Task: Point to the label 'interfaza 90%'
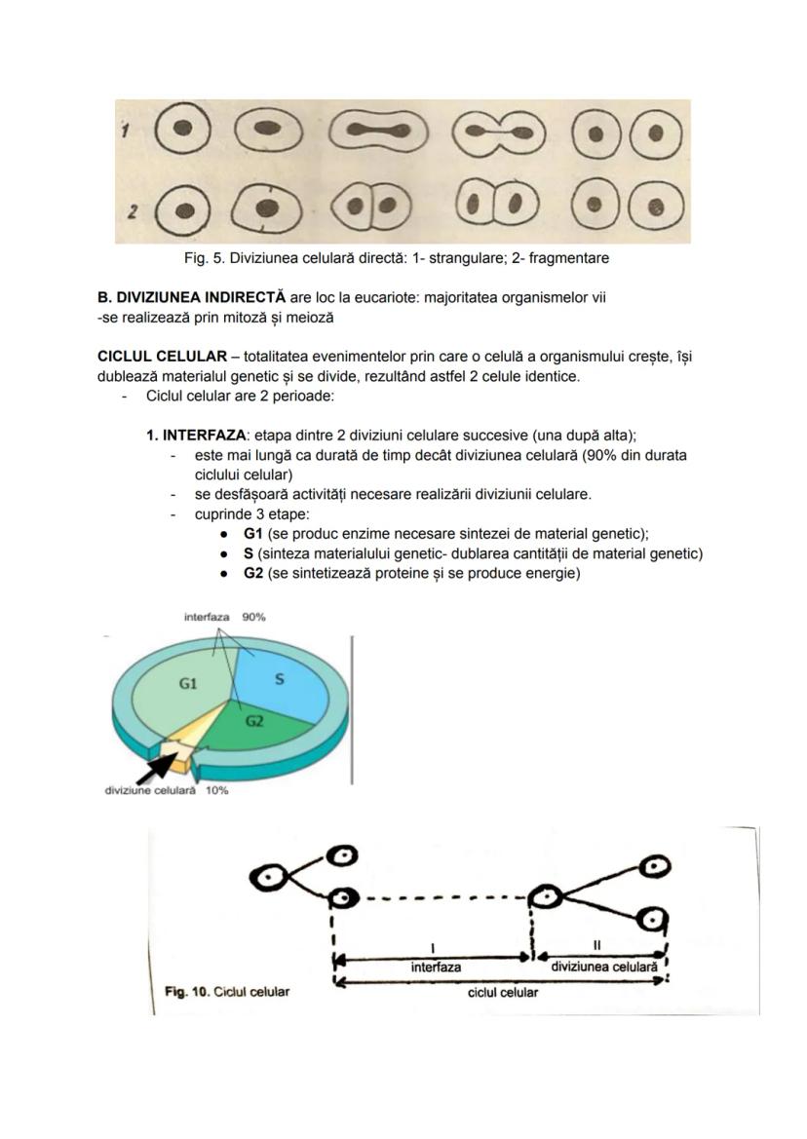coord(224,618)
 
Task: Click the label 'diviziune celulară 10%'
coord(166,790)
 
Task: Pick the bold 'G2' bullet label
coord(253,573)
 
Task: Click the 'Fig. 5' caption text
coord(396,258)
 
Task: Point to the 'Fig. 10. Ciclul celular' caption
coord(226,992)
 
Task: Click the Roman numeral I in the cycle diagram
coord(431,946)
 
